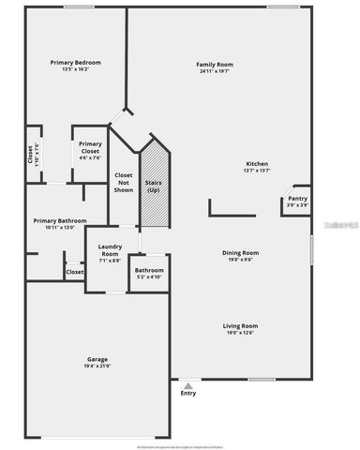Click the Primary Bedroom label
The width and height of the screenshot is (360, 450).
(x=75, y=63)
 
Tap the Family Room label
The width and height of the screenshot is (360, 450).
(x=214, y=64)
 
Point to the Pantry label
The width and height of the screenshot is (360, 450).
(x=298, y=199)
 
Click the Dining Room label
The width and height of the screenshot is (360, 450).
(x=240, y=252)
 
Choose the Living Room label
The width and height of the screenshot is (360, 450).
(x=240, y=325)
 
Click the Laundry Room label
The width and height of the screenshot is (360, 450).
(x=110, y=251)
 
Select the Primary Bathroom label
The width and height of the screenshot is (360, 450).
(x=60, y=220)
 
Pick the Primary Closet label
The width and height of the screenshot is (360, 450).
(x=90, y=147)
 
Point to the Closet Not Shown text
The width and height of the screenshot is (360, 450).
(x=123, y=182)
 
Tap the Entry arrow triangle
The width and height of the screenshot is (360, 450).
(x=187, y=384)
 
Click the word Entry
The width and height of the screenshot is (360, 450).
(x=187, y=394)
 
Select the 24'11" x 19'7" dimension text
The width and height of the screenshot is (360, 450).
(x=214, y=71)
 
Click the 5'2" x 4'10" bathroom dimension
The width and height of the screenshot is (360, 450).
(x=149, y=277)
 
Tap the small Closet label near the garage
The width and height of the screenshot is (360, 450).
(x=74, y=272)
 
